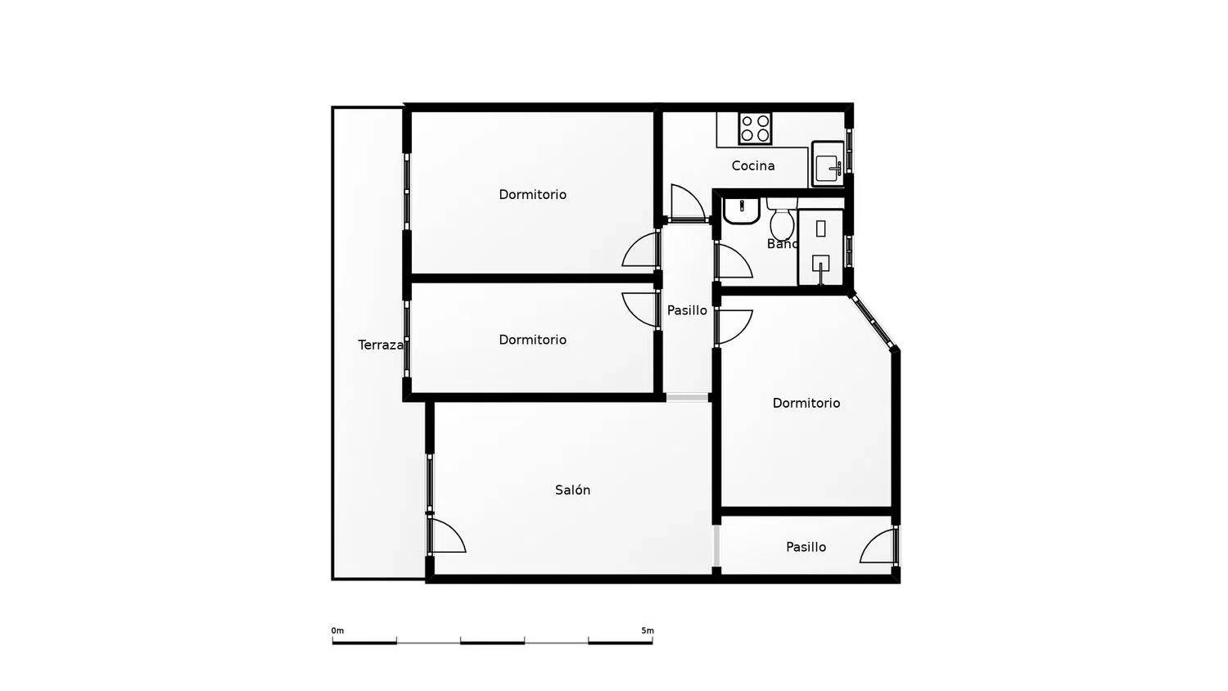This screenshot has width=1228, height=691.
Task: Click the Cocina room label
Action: coord(752,165)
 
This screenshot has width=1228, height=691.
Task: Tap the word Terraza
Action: coord(381,345)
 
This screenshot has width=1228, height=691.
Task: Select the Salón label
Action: coord(572,490)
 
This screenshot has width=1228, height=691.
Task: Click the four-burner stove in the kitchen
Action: coord(755,129)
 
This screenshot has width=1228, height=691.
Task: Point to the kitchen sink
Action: coord(828,164)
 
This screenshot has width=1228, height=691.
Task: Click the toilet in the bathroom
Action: coord(782,219)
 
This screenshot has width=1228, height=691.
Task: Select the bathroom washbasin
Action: coord(741,211)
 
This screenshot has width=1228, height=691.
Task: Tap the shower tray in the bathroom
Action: coord(820,246)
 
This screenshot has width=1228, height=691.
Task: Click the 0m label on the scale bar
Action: coord(337,630)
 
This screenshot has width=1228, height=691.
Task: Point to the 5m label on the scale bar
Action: coord(648,630)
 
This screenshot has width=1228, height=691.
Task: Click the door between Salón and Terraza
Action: coord(446,534)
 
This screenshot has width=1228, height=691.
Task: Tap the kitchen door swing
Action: coord(688,203)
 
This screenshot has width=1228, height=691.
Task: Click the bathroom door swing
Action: coord(734,262)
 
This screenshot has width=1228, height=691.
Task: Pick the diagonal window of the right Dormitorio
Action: coord(872,322)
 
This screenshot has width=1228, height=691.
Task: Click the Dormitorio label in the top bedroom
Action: coord(532,195)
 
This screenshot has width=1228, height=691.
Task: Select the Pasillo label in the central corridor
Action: coord(687,310)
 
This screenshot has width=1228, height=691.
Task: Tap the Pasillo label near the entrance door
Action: coord(806,547)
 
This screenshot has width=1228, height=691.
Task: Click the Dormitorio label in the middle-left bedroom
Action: coord(532,340)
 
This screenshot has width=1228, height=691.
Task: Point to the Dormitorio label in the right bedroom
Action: coord(806,403)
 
